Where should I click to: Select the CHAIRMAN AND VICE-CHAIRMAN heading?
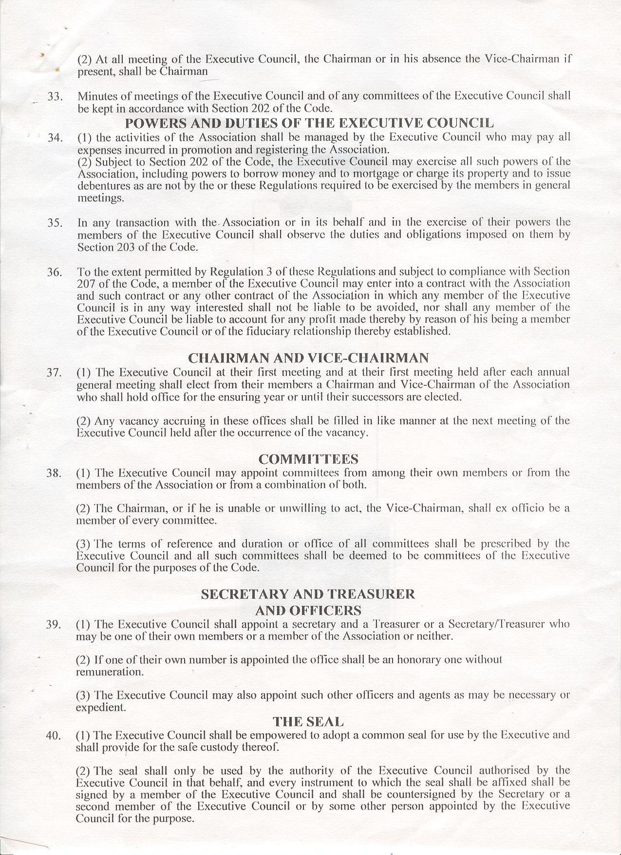[x=308, y=358]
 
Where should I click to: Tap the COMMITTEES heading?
[x=308, y=459]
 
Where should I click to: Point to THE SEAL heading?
[x=308, y=722]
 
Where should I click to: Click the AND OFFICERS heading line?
[x=308, y=610]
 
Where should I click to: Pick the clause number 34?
[x=55, y=138]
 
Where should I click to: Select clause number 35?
[x=55, y=223]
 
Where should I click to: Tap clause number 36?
[x=55, y=272]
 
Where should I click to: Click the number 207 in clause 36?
[x=86, y=284]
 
